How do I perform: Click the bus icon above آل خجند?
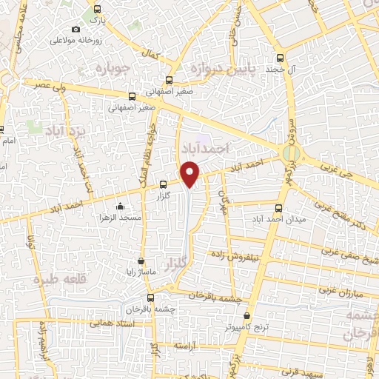click(279, 57)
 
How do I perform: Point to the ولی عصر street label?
click(45, 86)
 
